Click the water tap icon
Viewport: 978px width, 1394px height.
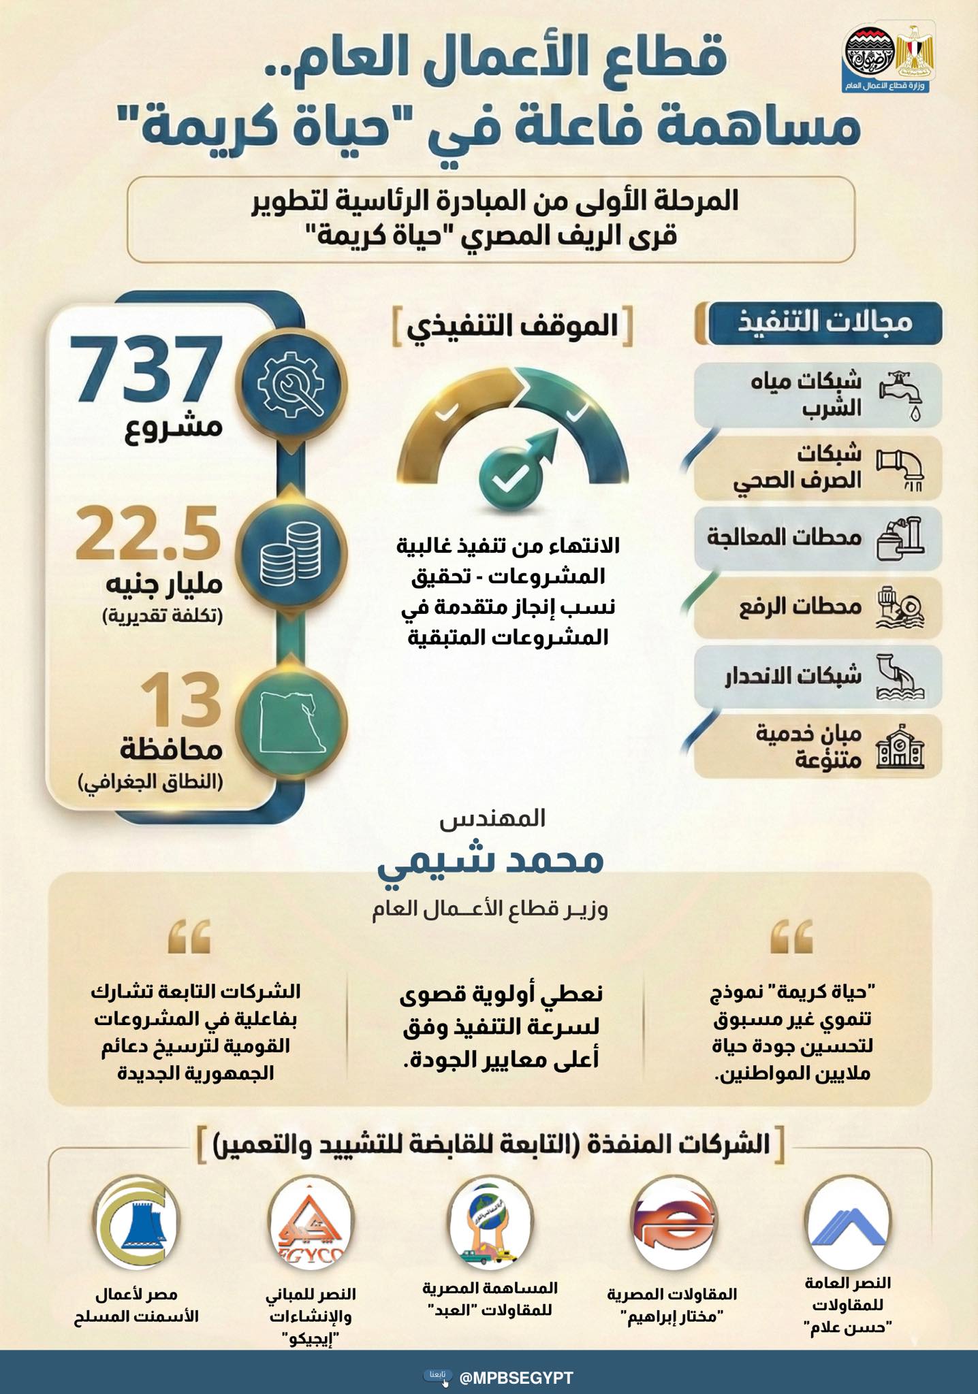point(901,394)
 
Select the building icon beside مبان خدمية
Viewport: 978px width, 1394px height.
point(900,747)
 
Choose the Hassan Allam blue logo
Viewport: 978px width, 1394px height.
point(847,1226)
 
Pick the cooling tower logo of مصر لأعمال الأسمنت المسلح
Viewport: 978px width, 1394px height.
point(137,1226)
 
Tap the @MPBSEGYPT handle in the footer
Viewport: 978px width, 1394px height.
point(516,1378)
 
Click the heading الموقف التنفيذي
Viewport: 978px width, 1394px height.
point(512,327)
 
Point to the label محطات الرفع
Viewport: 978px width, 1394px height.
point(801,606)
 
